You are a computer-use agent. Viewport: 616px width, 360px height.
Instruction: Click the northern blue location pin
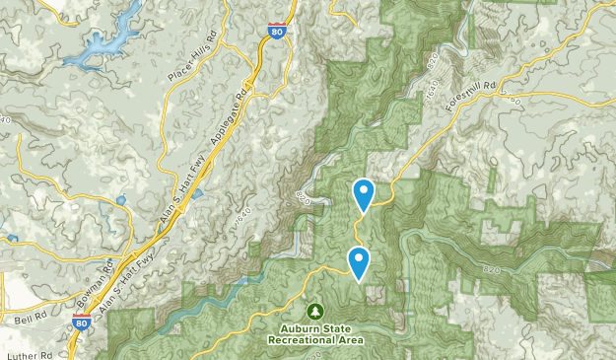(x=364, y=193)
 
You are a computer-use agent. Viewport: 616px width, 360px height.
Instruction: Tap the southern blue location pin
(x=359, y=262)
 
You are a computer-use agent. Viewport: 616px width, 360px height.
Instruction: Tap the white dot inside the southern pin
(x=359, y=259)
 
